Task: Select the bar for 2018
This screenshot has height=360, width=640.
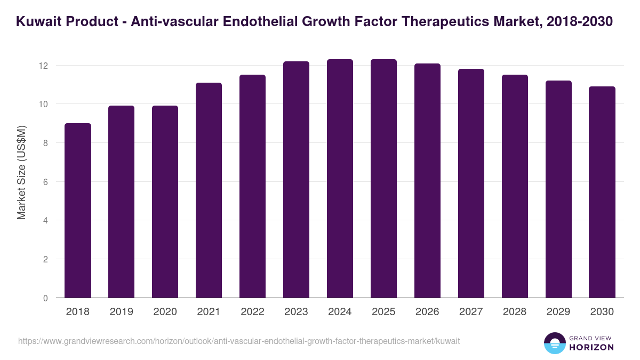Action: click(x=78, y=211)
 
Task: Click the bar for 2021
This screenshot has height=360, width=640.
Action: click(x=209, y=190)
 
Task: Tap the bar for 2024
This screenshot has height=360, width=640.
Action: click(x=340, y=179)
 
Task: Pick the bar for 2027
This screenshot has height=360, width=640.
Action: click(x=471, y=183)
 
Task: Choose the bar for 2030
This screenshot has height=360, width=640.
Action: click(x=602, y=193)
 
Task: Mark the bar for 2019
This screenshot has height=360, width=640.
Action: click(x=122, y=202)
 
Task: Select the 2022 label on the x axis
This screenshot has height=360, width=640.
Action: click(x=253, y=312)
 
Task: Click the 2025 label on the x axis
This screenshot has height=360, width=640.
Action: click(x=384, y=312)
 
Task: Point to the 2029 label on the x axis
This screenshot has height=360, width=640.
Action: click(x=558, y=312)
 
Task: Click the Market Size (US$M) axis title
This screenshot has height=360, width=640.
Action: click(x=21, y=172)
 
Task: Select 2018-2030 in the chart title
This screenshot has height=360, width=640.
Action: click(x=580, y=22)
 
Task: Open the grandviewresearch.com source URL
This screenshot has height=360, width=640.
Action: click(x=239, y=341)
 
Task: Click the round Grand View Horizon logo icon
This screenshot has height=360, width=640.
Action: click(x=555, y=343)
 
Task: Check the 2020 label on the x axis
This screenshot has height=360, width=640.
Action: click(x=165, y=312)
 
